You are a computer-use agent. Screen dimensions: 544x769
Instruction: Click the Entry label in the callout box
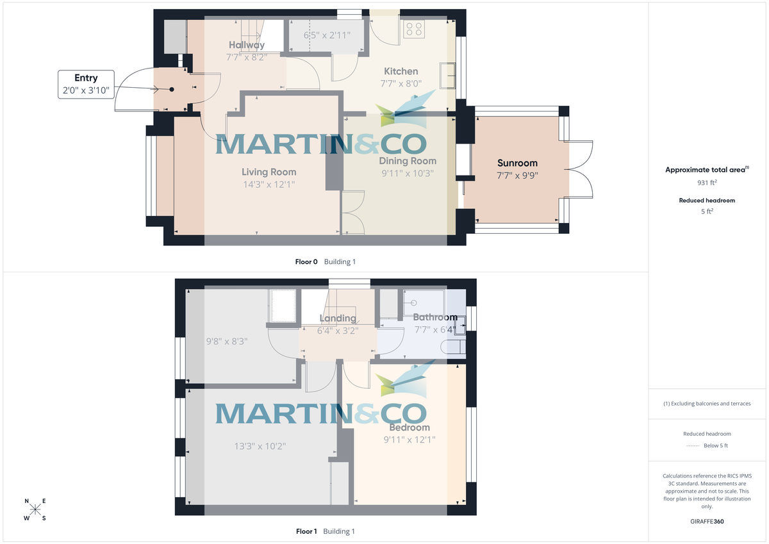pos(86,78)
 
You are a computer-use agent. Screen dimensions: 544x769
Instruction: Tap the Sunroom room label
pos(518,163)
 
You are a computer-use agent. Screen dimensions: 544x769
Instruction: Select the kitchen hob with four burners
pos(414,29)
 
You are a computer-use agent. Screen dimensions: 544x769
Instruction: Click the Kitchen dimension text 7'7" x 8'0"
pos(401,83)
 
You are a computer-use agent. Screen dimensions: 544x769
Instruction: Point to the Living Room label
pos(269,172)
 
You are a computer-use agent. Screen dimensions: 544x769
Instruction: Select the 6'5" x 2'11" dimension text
pos(327,35)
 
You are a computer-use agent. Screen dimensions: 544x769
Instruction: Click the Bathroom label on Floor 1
pos(435,317)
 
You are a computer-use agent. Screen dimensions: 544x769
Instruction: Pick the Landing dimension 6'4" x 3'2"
pos(338,331)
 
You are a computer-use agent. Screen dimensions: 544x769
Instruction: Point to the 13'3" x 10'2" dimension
pos(260,446)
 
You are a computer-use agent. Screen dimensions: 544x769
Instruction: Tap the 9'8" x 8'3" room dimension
pos(227,342)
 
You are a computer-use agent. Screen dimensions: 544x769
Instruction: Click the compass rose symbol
pos(35,509)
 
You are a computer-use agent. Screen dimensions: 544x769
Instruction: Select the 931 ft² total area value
pos(708,183)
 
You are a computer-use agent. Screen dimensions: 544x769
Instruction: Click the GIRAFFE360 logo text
pos(708,522)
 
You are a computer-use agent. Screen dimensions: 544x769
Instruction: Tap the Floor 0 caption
pos(306,261)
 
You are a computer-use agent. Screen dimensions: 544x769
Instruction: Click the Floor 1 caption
pos(306,531)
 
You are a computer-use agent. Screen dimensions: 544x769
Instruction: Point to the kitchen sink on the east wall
pos(447,75)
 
